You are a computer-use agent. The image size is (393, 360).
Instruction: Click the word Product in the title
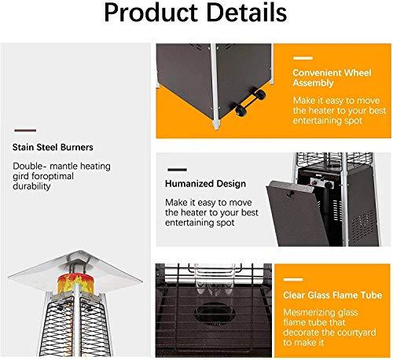(x=151, y=13)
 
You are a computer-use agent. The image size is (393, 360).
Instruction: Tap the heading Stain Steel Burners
(x=53, y=147)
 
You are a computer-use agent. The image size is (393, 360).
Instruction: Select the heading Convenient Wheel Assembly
(x=332, y=78)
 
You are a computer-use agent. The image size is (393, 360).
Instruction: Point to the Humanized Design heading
(x=205, y=184)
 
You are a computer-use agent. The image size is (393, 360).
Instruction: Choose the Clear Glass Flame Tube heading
(x=332, y=296)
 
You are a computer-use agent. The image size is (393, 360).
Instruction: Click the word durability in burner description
(x=31, y=186)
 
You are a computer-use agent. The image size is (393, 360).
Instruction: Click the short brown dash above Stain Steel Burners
(x=25, y=130)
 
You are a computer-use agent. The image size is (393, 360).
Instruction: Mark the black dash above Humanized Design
(x=177, y=170)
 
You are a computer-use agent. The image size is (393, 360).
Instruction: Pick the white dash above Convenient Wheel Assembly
(x=303, y=58)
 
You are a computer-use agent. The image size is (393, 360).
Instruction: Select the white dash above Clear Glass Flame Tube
(x=293, y=280)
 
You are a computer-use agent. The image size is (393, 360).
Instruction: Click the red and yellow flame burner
(x=75, y=283)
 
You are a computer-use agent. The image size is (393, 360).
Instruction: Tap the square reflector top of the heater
(x=75, y=270)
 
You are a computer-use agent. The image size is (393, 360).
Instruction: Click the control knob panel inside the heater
(x=321, y=182)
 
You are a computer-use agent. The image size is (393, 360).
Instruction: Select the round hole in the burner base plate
(x=214, y=313)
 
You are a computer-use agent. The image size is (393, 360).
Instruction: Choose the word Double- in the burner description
(x=28, y=166)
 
